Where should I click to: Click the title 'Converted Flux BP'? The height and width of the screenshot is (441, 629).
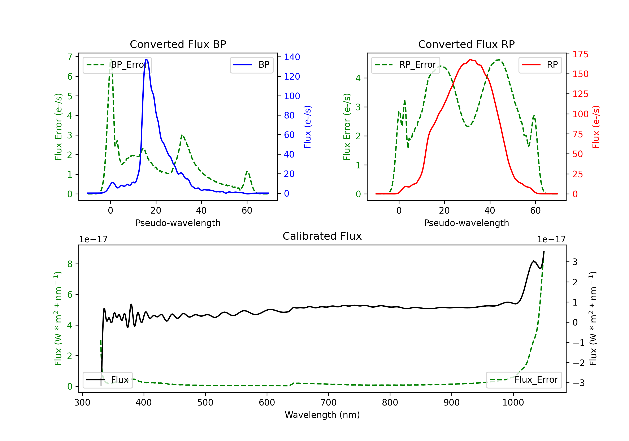(178, 44)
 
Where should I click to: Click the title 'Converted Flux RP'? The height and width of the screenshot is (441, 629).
(467, 44)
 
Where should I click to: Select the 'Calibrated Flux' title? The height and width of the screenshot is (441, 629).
(322, 236)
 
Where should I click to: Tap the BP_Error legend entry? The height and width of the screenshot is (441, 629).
(117, 65)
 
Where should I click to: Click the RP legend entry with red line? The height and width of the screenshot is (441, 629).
(540, 65)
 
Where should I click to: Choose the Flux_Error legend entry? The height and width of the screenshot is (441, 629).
(524, 380)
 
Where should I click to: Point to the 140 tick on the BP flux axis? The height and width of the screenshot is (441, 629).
(292, 57)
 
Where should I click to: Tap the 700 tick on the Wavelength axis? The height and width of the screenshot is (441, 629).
(329, 402)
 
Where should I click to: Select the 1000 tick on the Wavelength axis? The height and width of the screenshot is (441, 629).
(513, 402)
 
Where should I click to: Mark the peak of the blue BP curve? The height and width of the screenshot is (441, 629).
(147, 60)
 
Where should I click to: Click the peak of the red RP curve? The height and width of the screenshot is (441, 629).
(470, 60)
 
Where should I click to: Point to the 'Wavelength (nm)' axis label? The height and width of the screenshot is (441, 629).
(322, 415)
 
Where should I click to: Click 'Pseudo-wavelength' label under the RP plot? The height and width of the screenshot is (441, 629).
(467, 223)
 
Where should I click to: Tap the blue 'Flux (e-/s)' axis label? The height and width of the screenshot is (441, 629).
(307, 127)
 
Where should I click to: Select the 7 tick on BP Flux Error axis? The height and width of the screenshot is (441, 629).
(70, 57)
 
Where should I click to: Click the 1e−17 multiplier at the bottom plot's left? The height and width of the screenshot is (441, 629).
(93, 239)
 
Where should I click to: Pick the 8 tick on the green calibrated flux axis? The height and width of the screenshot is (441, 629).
(70, 264)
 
